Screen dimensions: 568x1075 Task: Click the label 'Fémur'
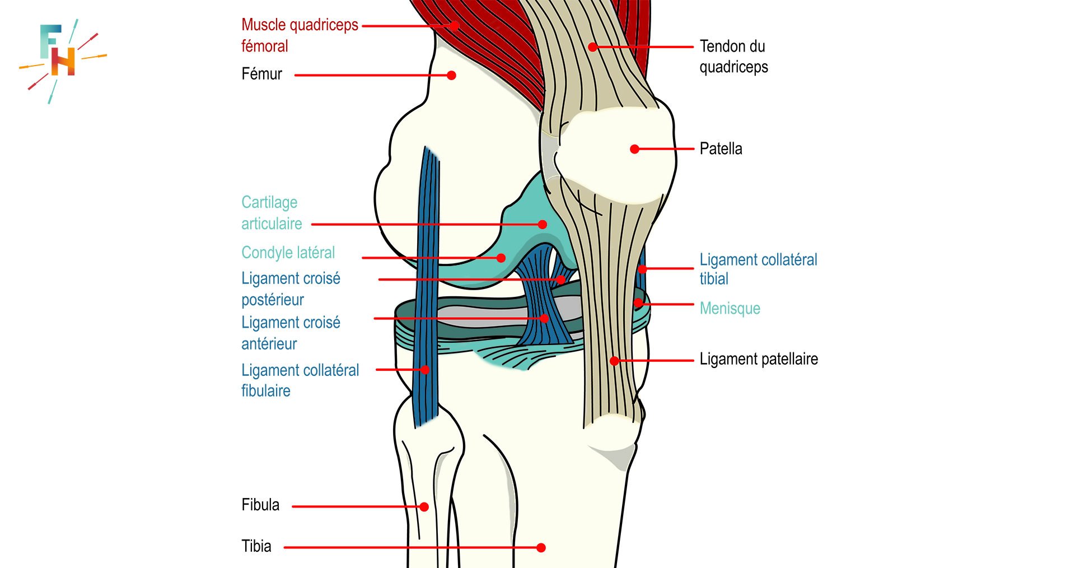tap(261, 74)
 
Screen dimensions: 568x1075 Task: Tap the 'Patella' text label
tap(721, 149)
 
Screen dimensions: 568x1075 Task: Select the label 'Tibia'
tap(256, 546)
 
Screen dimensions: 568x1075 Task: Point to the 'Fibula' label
tap(260, 505)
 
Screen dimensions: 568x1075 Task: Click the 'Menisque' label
tap(730, 308)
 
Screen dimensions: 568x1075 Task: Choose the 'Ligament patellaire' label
tap(758, 359)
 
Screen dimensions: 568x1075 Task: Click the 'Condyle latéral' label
tap(288, 253)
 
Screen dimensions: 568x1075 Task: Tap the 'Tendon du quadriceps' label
tap(733, 56)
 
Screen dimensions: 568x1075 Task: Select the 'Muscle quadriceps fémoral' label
tap(299, 35)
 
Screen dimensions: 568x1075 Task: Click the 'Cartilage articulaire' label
tap(272, 213)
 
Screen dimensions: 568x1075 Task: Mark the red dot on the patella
tap(634, 149)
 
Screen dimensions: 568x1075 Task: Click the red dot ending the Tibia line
tap(541, 548)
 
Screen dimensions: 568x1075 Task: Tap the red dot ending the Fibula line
tap(424, 507)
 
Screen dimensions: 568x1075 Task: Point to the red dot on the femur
tap(451, 76)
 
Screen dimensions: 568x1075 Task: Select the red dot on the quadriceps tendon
tap(593, 47)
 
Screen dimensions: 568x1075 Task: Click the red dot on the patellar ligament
tap(614, 361)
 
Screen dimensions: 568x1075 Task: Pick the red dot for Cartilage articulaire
tap(542, 225)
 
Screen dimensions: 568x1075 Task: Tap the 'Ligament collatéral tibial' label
tap(758, 269)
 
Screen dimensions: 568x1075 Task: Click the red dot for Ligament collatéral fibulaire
tap(425, 370)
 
